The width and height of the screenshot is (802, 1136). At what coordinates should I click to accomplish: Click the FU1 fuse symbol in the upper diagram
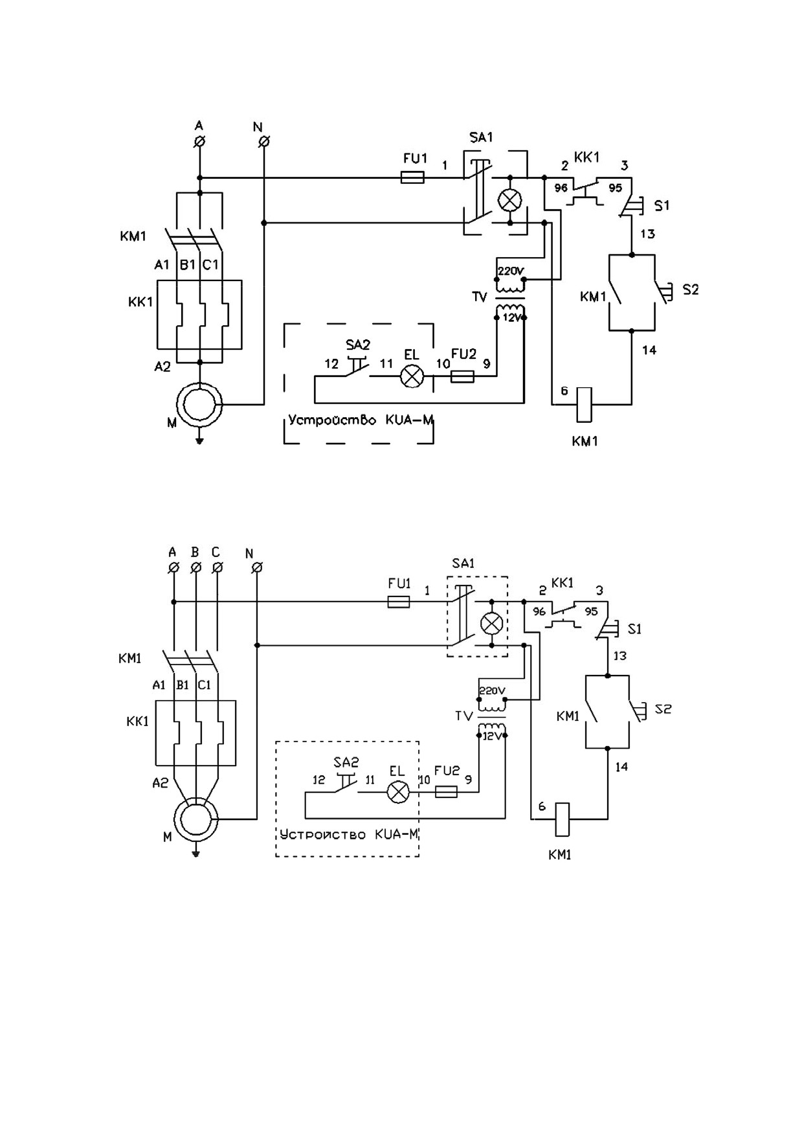(x=412, y=177)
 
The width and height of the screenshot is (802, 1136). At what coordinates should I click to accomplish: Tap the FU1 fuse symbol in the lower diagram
(x=398, y=602)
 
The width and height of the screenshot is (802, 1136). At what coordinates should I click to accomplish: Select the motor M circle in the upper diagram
(x=200, y=404)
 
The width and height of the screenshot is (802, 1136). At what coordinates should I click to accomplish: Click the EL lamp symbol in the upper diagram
(x=412, y=376)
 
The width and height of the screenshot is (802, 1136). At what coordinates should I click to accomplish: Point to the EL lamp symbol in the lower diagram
(x=398, y=792)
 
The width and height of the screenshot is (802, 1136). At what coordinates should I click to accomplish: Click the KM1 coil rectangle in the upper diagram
(x=584, y=404)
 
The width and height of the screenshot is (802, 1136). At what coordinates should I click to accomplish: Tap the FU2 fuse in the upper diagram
(x=462, y=376)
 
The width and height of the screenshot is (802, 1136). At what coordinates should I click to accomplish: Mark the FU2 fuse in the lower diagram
(x=446, y=792)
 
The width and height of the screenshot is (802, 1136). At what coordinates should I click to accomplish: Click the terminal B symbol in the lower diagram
(x=195, y=567)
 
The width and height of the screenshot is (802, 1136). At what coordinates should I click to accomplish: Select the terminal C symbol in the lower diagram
(x=218, y=567)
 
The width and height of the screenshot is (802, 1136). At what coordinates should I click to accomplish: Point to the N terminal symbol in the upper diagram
(x=263, y=141)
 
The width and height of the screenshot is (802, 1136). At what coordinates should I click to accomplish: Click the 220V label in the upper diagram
(x=510, y=271)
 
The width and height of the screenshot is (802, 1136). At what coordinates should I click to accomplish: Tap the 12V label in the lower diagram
(x=493, y=736)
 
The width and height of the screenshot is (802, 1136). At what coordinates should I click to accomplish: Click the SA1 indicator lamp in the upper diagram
(x=510, y=200)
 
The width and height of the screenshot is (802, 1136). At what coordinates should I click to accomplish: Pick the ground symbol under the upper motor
(x=200, y=441)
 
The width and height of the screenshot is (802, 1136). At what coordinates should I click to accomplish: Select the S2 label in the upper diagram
(x=691, y=290)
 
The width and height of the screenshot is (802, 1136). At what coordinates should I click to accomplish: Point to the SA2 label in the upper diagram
(x=357, y=345)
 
